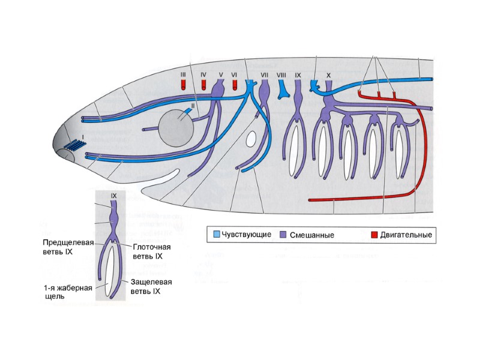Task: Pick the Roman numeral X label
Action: point(328,74)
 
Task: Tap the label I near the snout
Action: point(83,137)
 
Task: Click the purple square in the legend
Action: point(284,235)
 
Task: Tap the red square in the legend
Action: point(374,235)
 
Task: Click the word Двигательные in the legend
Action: point(406,235)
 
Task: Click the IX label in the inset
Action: point(114,196)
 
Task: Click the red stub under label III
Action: point(183,86)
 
